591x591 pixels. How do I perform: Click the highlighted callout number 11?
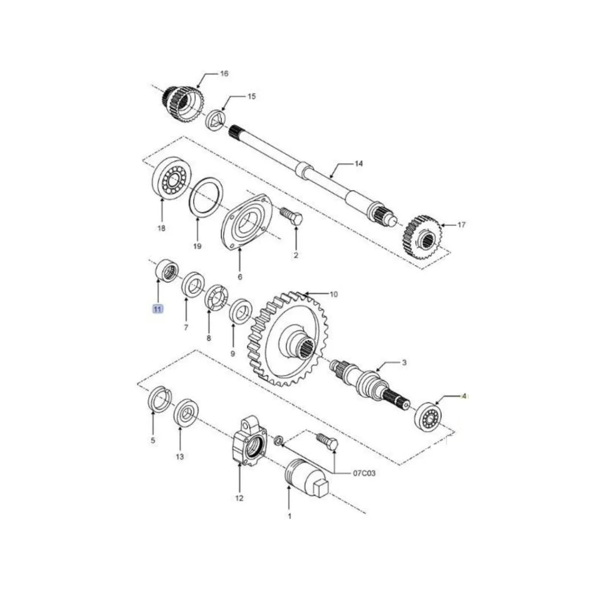[157, 309]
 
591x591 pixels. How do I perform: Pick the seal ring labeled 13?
[186, 412]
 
